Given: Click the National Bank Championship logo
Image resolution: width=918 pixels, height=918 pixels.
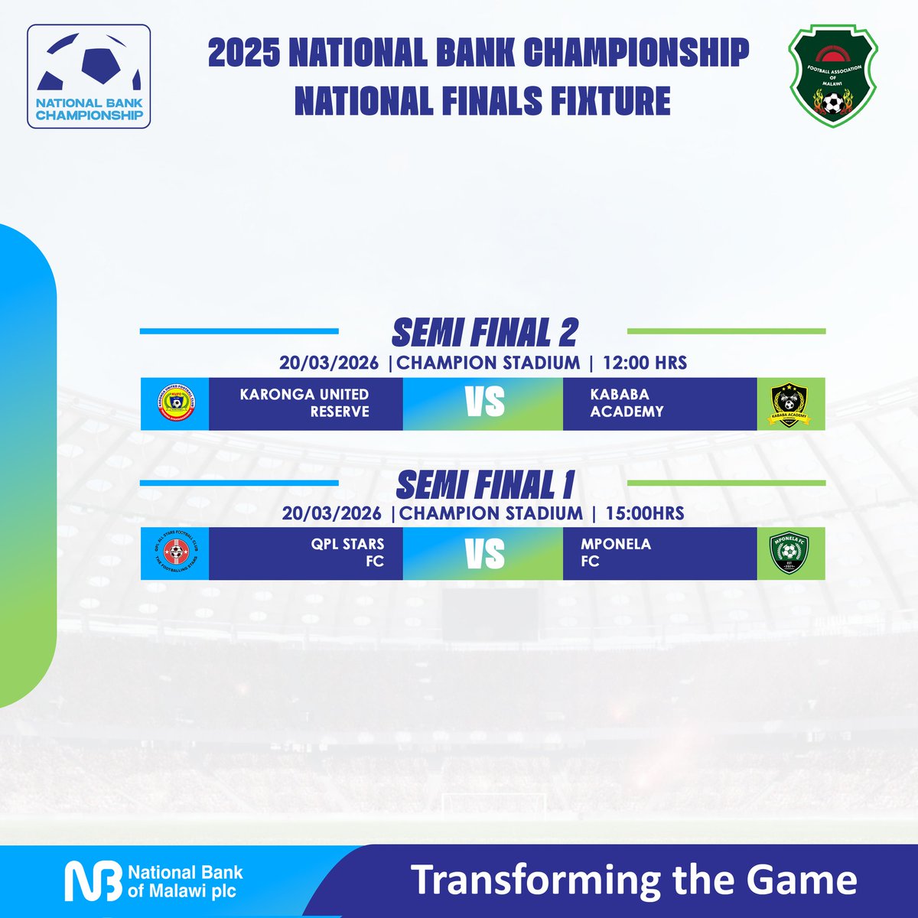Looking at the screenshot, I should (89, 76).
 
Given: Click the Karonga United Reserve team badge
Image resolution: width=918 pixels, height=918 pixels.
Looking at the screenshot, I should (175, 404).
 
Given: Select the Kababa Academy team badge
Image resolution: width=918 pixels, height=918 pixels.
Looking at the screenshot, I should (789, 404).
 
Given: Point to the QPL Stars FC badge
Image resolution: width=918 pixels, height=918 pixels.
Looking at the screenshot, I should (175, 553).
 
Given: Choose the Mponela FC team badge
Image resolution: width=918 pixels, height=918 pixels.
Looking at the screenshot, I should (789, 553).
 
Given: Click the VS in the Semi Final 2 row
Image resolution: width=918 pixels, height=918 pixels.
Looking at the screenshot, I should (485, 403).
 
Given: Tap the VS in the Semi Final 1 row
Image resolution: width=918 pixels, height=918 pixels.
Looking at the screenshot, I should (485, 553).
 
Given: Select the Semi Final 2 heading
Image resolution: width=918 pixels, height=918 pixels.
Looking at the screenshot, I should (484, 333).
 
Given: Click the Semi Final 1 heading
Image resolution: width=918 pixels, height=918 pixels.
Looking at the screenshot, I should (485, 485).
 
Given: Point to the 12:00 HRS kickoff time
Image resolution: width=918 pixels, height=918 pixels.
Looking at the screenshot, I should (645, 363).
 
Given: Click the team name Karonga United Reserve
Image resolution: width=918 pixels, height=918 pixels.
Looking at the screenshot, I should (304, 402).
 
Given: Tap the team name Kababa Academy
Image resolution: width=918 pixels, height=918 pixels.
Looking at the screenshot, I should (627, 402).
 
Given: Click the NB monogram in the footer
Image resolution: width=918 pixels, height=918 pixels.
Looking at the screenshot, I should (92, 881).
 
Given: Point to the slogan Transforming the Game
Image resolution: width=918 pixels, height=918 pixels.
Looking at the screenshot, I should (634, 881).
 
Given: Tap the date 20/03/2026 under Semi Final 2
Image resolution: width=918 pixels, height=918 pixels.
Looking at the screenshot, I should (329, 363).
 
